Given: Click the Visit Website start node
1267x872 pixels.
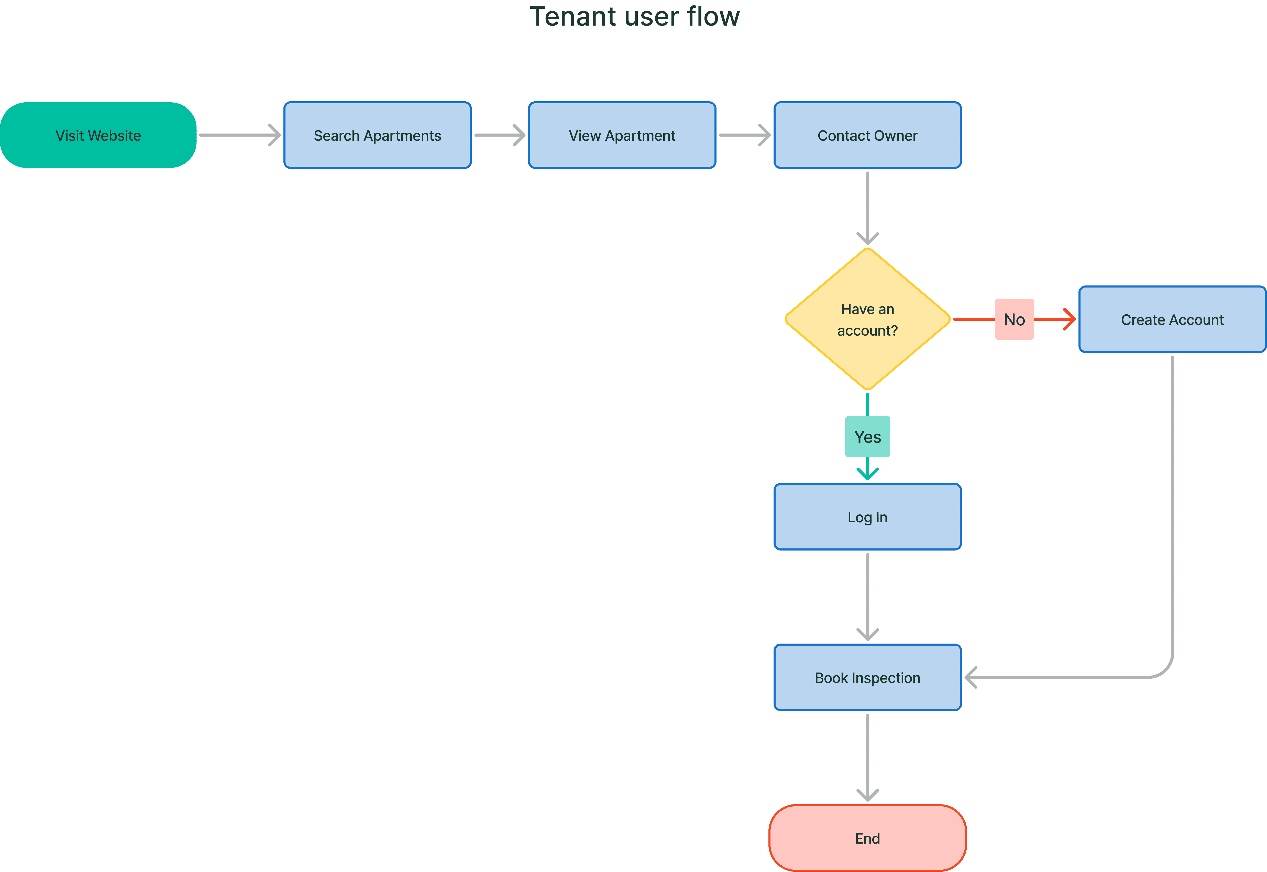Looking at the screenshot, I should point(98,136).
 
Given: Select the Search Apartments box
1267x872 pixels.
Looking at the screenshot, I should point(377,136).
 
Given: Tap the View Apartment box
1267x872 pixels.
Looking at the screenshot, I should point(622,136).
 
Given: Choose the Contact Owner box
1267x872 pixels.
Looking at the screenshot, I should point(867,136).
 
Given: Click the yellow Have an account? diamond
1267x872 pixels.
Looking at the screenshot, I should point(867,320).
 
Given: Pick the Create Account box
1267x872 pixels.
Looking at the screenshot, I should point(1172,320).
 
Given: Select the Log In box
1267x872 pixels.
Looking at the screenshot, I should point(867,517).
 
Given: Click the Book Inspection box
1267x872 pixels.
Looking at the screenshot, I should point(867,678).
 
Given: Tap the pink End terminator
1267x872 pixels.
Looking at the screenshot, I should point(867,838).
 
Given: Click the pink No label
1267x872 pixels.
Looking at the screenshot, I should point(1014,320).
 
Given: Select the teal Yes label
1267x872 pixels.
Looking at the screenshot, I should point(867,437).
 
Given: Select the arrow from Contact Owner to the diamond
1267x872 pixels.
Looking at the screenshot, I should point(867,208).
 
